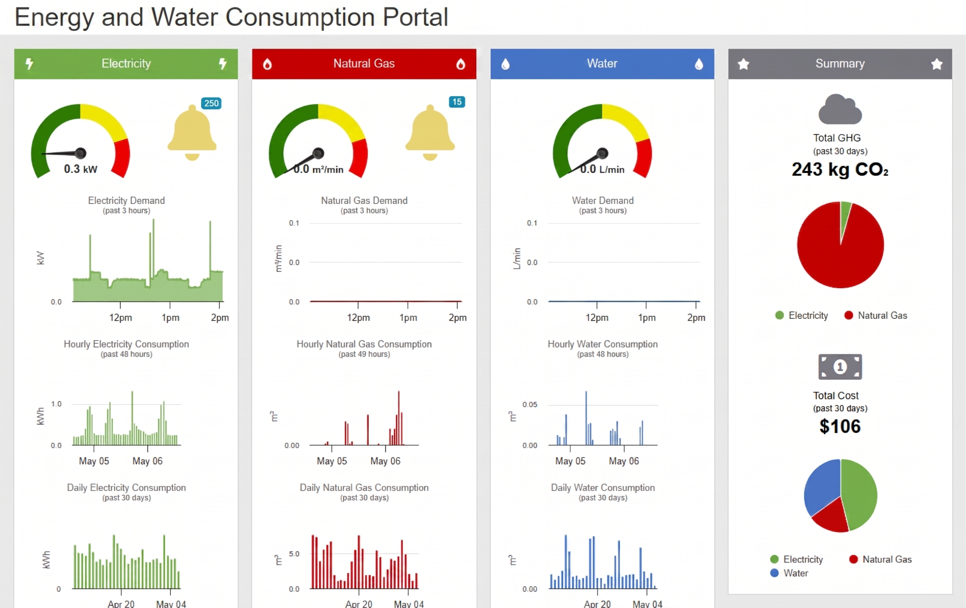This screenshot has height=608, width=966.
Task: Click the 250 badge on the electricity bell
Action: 211,103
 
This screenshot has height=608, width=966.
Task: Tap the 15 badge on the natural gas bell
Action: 457,102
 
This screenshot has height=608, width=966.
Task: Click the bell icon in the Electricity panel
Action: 192,133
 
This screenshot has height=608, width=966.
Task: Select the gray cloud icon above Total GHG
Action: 840,109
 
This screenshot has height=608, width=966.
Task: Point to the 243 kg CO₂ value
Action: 840,169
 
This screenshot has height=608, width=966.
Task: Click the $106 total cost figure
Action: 840,426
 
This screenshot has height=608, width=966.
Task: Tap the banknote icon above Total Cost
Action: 840,367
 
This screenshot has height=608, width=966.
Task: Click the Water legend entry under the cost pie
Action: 789,573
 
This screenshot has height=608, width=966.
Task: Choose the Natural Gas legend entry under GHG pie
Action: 876,316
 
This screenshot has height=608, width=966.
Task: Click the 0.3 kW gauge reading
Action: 80,169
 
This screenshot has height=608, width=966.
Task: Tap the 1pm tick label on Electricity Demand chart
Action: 171,317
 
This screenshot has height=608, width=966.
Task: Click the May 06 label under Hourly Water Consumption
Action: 624,461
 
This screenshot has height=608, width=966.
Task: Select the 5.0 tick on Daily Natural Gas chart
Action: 294,554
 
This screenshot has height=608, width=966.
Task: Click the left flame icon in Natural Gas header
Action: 267,64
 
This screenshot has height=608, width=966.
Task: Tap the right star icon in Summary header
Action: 937,64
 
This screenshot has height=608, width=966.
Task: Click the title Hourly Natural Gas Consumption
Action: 364,344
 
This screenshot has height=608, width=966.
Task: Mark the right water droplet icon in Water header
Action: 699,64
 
